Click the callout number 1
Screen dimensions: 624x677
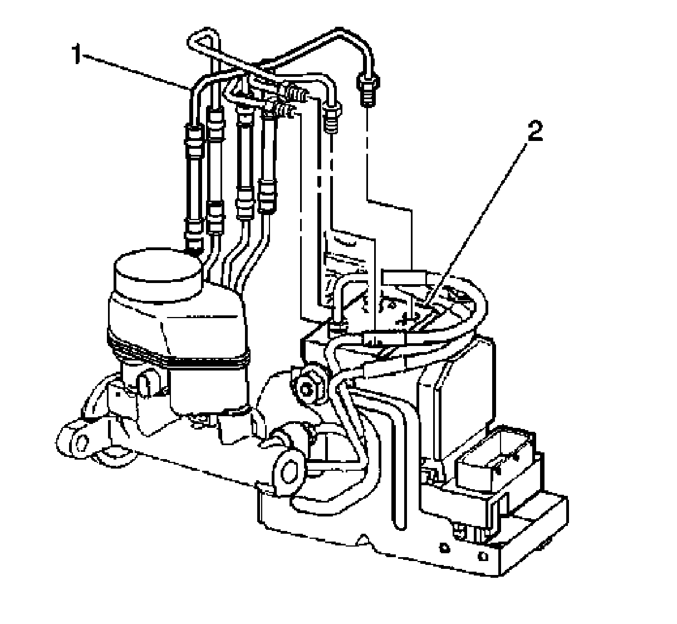tap(77, 55)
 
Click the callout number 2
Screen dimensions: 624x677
tap(534, 134)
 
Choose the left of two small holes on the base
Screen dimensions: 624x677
tap(444, 548)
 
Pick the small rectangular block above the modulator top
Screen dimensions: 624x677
tap(403, 277)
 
